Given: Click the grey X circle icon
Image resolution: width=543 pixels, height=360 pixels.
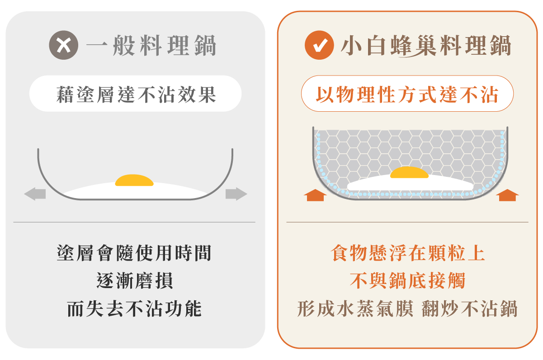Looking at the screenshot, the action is pos(63,45).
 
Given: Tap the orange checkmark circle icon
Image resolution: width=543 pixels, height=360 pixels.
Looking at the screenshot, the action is pos(319,45).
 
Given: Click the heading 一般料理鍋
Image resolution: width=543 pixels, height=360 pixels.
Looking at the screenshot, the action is pos(151,45).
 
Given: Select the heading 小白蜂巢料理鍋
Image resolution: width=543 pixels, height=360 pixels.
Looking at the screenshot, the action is pos(426,46).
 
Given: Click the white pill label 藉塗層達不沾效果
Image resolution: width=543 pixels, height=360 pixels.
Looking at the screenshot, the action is pos(135,94).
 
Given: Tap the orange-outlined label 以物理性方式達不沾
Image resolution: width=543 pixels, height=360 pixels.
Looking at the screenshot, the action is pos(407,94).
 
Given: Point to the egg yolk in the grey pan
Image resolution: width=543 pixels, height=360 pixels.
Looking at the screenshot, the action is pos(134,180).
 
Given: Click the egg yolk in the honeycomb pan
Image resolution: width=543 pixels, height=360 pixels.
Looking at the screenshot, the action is pos(409,172).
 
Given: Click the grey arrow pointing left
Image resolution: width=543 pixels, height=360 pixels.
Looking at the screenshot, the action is pos(35,194).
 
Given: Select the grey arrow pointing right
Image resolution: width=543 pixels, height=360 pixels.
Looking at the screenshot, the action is pos(236,194).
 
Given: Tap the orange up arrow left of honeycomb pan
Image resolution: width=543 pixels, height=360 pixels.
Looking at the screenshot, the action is pos(315,195).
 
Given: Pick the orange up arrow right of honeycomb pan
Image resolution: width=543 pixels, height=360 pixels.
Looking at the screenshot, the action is pos(507,195).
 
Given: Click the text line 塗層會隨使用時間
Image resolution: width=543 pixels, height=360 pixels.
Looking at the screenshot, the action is pos(134,253).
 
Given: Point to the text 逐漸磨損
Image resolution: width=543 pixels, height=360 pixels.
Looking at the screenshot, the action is pos(135,280).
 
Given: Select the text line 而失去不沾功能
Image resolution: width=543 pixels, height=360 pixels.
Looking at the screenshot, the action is pos(134,308).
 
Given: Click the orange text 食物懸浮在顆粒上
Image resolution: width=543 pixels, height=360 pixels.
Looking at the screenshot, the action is pos(408,253).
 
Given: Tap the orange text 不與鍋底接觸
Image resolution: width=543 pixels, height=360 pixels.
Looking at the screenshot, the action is pos(407,280).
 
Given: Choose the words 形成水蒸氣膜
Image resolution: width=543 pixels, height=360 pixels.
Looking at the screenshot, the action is pos(355,308).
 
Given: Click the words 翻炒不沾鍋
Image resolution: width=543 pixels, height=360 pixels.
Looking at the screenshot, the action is pos(470,308).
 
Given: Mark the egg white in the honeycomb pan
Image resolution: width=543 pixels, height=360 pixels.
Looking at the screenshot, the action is pos(410,185).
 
